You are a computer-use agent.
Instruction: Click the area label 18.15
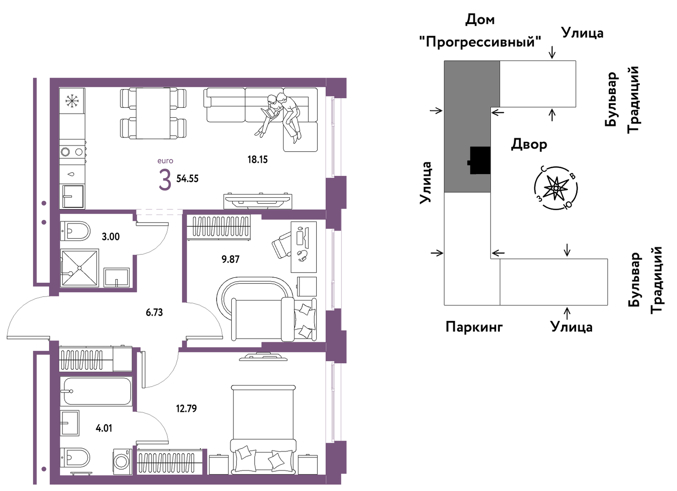[258, 159]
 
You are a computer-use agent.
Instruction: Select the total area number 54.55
[187, 179]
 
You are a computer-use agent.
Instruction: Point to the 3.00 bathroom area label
[110, 236]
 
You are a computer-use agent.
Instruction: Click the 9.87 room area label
[230, 259]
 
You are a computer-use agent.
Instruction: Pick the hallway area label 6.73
[154, 312]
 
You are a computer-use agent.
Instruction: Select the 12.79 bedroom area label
[186, 408]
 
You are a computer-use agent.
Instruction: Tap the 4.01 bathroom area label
[104, 428]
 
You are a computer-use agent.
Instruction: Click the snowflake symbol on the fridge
[72, 100]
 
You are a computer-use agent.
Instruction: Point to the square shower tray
[80, 268]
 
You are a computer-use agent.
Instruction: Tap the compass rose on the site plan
[556, 188]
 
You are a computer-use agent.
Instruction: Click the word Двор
[529, 145]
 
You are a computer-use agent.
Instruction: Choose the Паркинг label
[474, 327]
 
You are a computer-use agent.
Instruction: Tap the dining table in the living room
[153, 113]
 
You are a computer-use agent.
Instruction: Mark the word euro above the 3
[165, 161]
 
